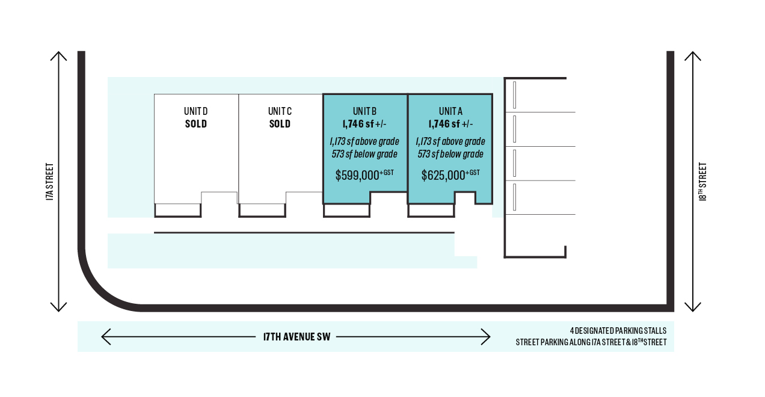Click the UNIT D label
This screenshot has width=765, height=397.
(195, 111)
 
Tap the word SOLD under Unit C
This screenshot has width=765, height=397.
(280, 124)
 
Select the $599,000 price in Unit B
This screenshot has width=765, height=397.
(357, 175)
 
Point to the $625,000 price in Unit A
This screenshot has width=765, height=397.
(443, 175)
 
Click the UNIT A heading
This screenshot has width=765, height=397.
(450, 111)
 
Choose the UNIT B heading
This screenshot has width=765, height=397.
(364, 111)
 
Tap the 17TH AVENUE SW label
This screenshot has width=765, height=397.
(296, 337)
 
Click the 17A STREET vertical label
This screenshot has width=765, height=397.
(50, 182)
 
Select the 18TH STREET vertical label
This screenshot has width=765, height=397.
(702, 182)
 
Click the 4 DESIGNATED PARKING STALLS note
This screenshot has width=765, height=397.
(618, 331)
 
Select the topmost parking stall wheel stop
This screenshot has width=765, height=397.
(514, 95)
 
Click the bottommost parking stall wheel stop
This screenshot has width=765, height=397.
(514, 197)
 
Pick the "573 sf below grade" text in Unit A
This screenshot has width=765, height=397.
(450, 154)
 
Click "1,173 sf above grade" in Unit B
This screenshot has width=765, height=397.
(364, 141)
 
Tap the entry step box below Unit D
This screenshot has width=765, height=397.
(177, 210)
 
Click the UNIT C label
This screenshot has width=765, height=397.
(280, 111)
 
